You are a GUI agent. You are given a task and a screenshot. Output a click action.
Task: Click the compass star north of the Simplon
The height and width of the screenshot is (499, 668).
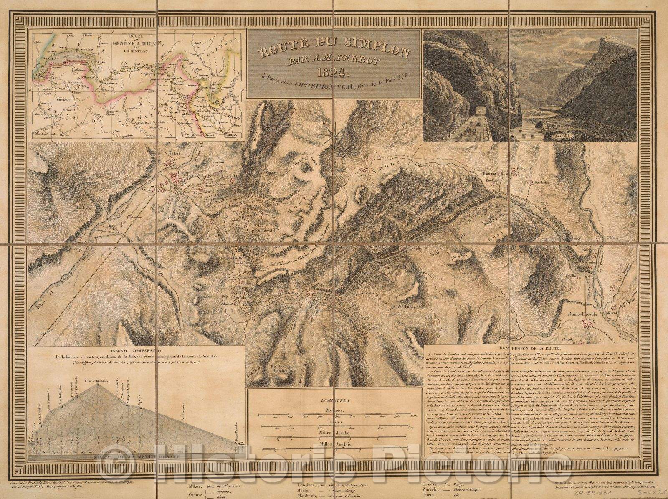337,137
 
